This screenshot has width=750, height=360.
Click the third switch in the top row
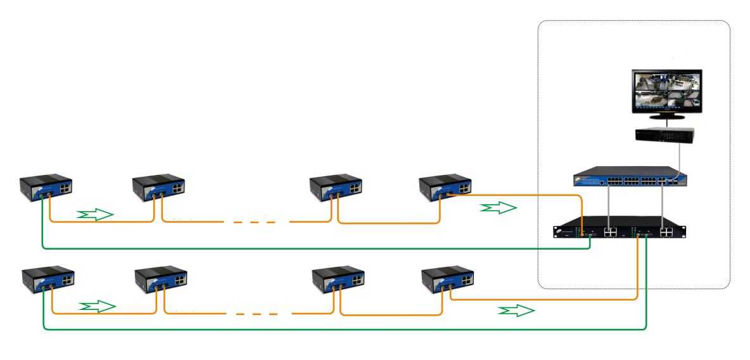[336, 186]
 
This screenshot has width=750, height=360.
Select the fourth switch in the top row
[446, 186]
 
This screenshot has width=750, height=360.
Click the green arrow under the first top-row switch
[95, 214]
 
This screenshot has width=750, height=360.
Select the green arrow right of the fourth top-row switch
[499, 208]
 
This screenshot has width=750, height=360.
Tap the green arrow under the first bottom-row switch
[98, 307]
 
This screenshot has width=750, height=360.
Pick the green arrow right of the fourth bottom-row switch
[516, 311]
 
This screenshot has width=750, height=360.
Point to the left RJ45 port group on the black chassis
[611, 232]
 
